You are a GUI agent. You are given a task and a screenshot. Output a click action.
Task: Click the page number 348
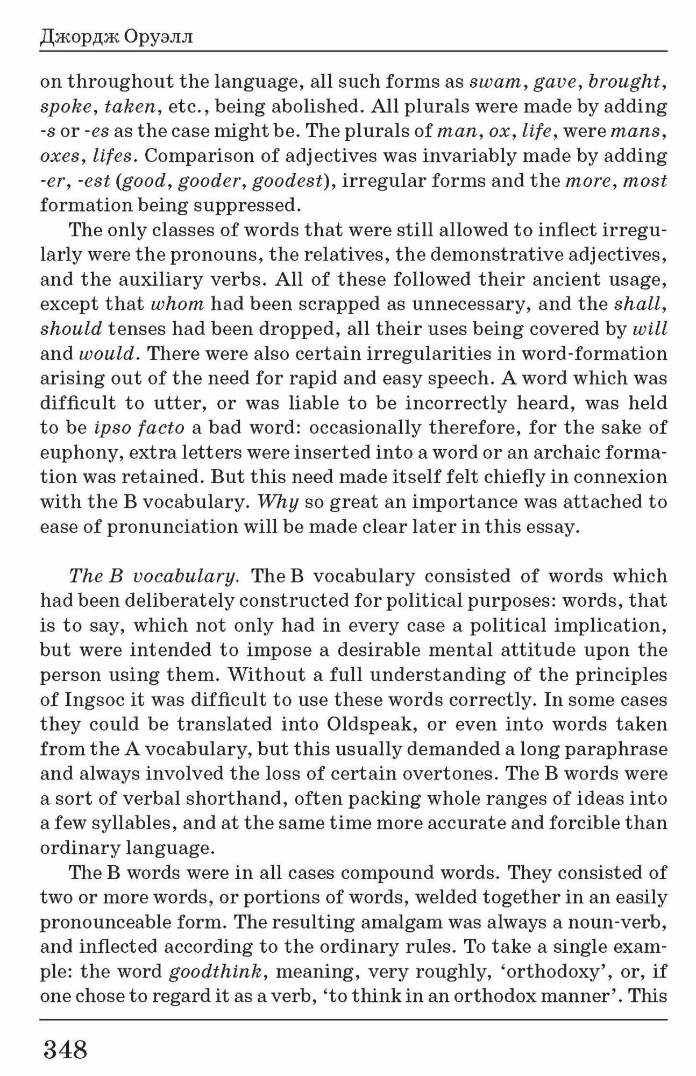65,1049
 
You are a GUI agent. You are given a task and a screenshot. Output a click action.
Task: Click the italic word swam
494,82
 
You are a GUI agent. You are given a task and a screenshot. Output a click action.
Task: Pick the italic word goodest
287,181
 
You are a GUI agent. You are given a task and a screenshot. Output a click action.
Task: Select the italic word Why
278,502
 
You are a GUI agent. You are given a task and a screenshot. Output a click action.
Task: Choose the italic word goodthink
215,972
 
